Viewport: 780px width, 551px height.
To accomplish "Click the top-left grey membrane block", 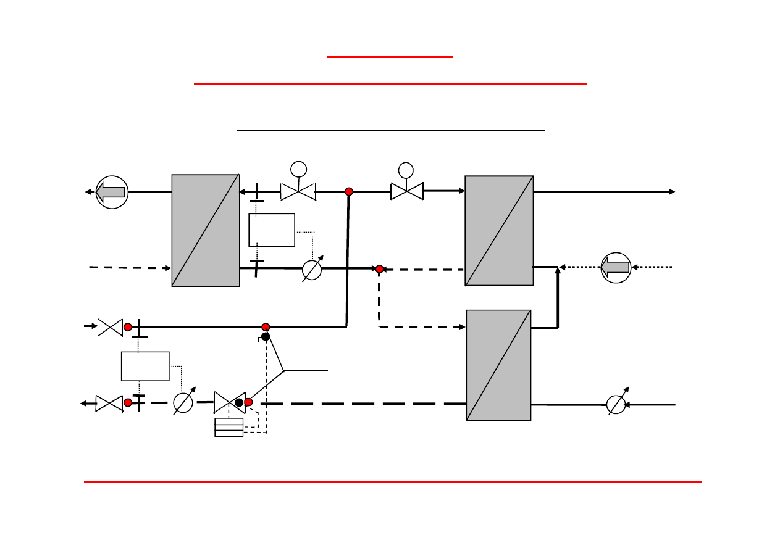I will [x=206, y=230].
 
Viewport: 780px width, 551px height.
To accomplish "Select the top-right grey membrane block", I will [x=499, y=231].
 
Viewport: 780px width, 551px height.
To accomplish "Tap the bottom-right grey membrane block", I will [x=498, y=365].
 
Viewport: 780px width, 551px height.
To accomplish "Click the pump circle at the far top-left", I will [x=112, y=192].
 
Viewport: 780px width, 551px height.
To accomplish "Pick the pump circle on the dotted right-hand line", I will [x=616, y=267].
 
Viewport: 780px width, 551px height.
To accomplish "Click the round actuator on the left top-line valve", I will [x=298, y=168].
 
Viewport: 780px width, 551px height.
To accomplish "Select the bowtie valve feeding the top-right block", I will [x=406, y=191].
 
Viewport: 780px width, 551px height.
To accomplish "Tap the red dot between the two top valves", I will [x=349, y=192].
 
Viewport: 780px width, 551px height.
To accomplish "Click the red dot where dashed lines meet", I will [x=380, y=269].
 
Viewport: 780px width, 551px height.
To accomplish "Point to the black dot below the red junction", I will [x=266, y=336].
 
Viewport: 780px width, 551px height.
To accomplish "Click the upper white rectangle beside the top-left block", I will [x=272, y=230].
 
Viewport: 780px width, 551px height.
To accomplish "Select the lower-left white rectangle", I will [x=145, y=366].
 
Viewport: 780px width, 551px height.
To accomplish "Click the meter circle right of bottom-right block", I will [x=616, y=404].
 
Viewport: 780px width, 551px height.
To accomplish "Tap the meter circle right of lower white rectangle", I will [x=183, y=403].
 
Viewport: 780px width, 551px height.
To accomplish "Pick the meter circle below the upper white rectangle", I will [x=312, y=270].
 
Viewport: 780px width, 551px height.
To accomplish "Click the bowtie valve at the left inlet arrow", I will [x=110, y=327].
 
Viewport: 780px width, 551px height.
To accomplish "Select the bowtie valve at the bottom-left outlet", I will [x=109, y=404].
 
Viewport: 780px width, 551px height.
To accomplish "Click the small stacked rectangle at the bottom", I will [x=229, y=427].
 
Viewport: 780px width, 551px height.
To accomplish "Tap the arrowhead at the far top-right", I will [x=672, y=192].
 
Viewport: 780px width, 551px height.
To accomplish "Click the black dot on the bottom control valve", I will [x=239, y=402].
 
